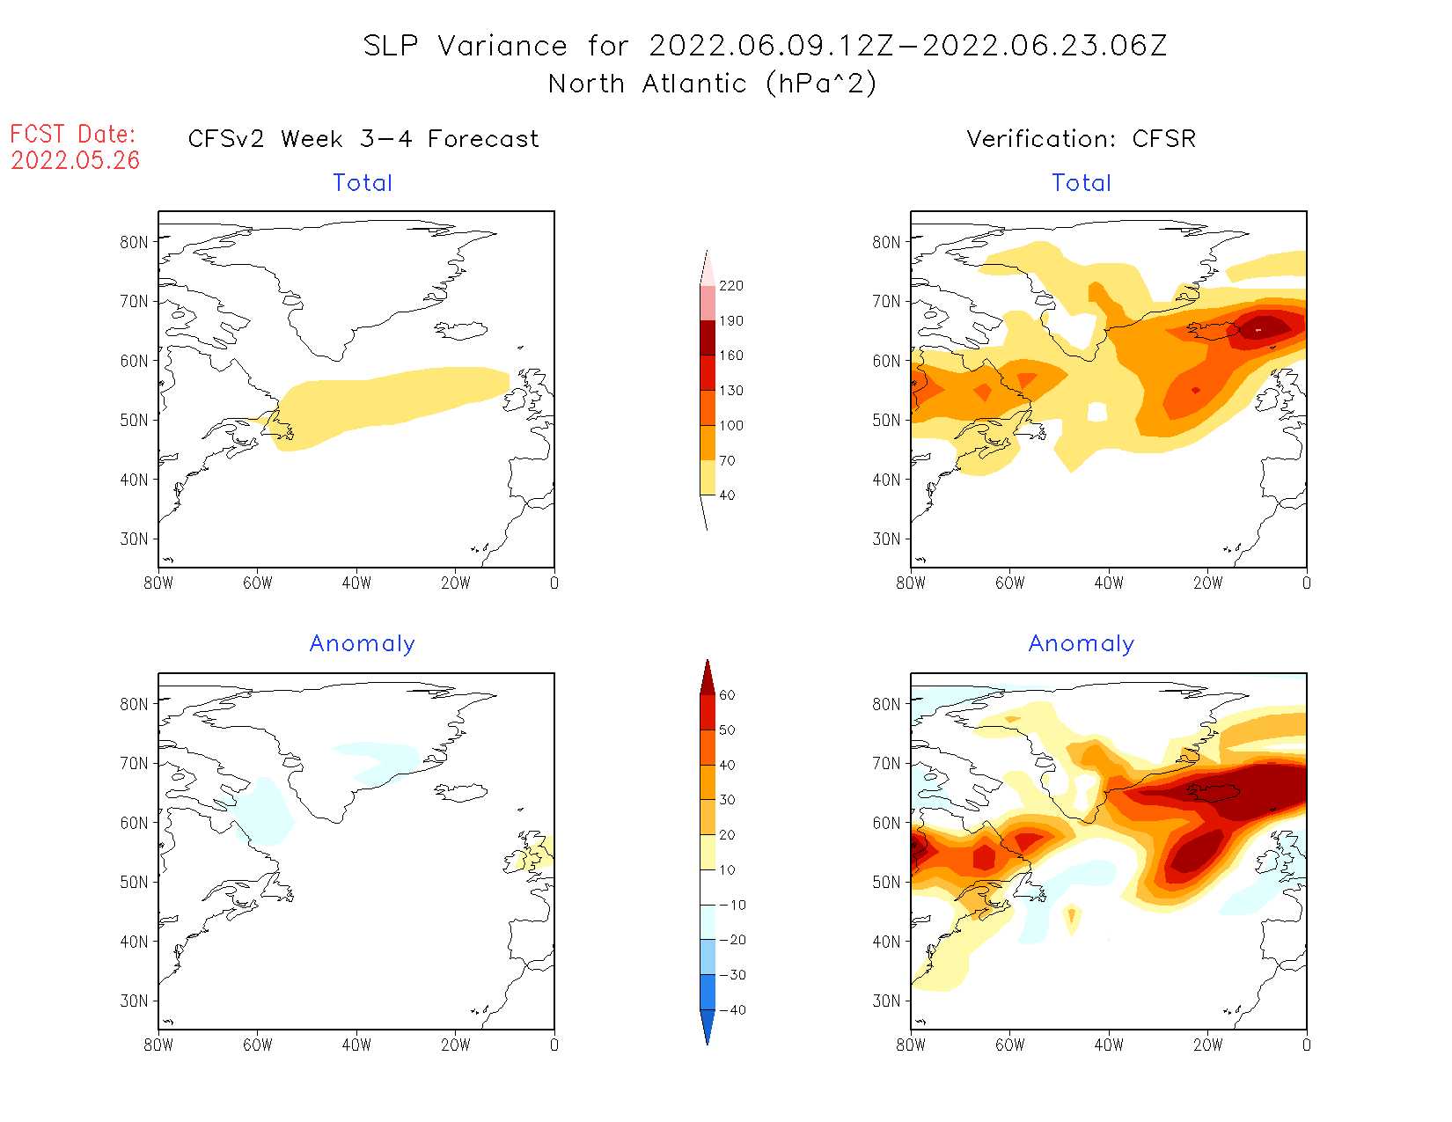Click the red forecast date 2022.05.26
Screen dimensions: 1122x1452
[x=76, y=161]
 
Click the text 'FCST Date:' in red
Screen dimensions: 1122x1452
[x=73, y=134]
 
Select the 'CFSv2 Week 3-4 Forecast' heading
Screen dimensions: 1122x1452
[x=363, y=139]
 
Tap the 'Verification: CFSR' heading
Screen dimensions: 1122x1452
[x=1081, y=139]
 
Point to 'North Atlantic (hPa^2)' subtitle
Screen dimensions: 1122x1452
[x=712, y=84]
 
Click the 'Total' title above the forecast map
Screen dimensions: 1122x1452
[x=363, y=183]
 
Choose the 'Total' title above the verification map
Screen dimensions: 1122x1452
[x=1082, y=183]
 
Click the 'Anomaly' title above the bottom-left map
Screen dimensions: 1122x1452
[x=362, y=644]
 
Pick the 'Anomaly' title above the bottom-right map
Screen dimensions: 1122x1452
[x=1082, y=644]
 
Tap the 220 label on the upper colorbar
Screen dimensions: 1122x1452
[x=730, y=286]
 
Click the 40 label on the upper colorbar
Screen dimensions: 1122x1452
[x=727, y=495]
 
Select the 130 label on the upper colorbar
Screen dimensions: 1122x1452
[x=730, y=391]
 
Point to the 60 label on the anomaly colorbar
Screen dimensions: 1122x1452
[x=727, y=695]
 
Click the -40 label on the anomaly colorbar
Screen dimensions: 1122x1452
[x=732, y=1010]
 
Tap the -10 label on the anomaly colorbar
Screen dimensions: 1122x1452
[x=732, y=905]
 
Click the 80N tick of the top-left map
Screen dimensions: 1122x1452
[x=135, y=242]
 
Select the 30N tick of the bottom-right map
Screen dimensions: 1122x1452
[x=887, y=1001]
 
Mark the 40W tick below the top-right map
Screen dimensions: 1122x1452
[x=1109, y=583]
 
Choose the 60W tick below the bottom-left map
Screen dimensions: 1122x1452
[x=258, y=1045]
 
